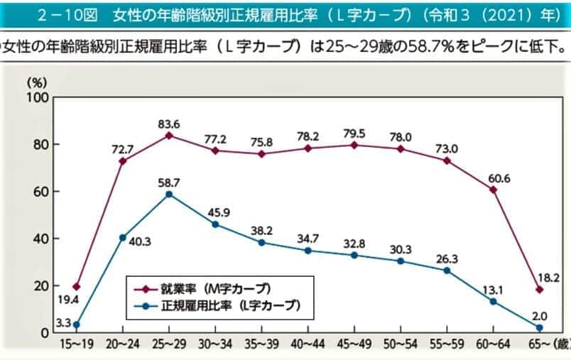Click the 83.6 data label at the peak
click(x=168, y=124)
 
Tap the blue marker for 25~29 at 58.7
click(x=168, y=194)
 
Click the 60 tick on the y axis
click(x=40, y=192)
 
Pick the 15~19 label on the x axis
click(x=75, y=344)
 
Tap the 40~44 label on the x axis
click(x=308, y=344)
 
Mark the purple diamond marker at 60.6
click(x=493, y=190)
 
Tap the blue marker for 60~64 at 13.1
click(x=493, y=301)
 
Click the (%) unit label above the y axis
click(x=37, y=82)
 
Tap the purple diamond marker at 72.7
click(x=122, y=161)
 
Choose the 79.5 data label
click(x=354, y=133)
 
